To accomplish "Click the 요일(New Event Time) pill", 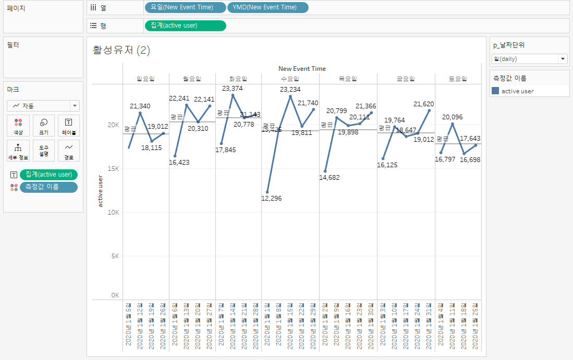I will click(186, 7).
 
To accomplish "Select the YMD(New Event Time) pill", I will click(267, 7).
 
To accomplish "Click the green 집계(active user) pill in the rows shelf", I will click(185, 26).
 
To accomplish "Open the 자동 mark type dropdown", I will click(43, 106).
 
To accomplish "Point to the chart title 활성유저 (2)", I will click(121, 51).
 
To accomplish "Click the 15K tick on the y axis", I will click(114, 169).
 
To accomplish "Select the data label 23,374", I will click(232, 89).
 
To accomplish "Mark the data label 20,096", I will click(452, 117).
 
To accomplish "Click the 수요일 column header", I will click(289, 79).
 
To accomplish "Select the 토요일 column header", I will click(458, 79).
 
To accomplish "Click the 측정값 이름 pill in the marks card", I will click(48, 187).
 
